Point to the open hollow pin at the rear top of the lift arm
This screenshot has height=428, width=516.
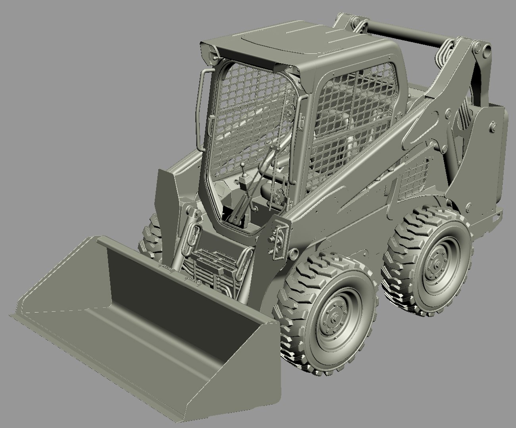pos(485,49)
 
